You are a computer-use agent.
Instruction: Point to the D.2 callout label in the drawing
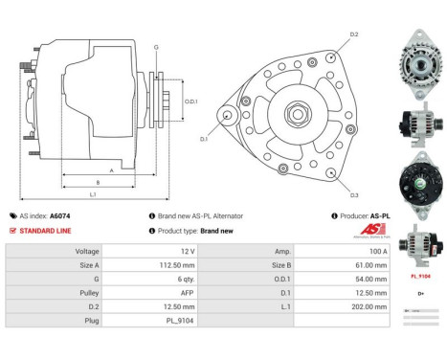click(354, 34)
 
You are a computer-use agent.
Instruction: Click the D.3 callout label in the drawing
click(354, 195)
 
